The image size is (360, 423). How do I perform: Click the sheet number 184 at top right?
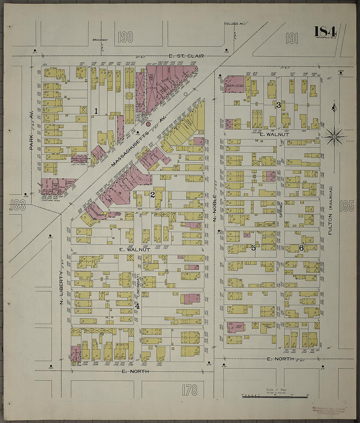pyautogui.click(x=325, y=32)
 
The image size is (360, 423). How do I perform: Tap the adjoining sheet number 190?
pyautogui.click(x=126, y=37)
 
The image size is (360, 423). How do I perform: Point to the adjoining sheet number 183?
pyautogui.click(x=18, y=205)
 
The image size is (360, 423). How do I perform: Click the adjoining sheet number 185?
pyautogui.click(x=347, y=206)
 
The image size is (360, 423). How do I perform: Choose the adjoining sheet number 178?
pyautogui.click(x=190, y=390)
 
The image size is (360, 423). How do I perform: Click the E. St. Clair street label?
pyautogui.click(x=186, y=56)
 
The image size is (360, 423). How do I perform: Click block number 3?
pyautogui.click(x=279, y=105)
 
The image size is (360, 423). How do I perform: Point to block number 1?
pyautogui.click(x=96, y=111)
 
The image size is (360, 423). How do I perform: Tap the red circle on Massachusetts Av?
pyautogui.click(x=148, y=124)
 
